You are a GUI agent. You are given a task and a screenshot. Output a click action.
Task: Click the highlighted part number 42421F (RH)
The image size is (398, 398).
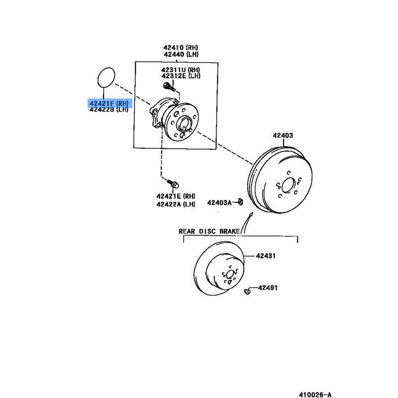pyautogui.click(x=109, y=103)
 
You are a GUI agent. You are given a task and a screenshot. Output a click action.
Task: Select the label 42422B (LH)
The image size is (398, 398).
pyautogui.click(x=109, y=109)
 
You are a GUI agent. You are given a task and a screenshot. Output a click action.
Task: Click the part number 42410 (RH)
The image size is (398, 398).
pyautogui.click(x=181, y=47)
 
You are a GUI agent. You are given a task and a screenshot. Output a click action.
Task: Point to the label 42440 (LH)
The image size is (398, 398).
pyautogui.click(x=181, y=54)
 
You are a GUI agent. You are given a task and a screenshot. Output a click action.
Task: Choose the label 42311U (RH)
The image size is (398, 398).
pyautogui.click(x=181, y=70)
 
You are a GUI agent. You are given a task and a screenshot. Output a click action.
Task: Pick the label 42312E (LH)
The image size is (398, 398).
pyautogui.click(x=181, y=76)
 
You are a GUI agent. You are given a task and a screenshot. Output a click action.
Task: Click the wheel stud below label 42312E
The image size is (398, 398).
pyautogui.click(x=169, y=87)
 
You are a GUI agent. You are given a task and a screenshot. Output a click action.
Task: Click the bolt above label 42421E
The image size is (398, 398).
pyautogui.click(x=173, y=184)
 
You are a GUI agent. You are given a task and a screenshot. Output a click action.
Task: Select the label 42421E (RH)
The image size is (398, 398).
pyautogui.click(x=176, y=196)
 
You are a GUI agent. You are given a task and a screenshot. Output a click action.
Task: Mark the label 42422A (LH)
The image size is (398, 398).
pyautogui.click(x=176, y=204)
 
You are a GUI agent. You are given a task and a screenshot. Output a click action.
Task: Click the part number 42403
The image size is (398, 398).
pyautogui.click(x=283, y=135)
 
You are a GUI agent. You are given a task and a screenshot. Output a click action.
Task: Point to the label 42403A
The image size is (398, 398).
pyautogui.click(x=219, y=202)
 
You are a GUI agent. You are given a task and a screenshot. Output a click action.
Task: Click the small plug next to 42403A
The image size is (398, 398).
pyautogui.click(x=241, y=202)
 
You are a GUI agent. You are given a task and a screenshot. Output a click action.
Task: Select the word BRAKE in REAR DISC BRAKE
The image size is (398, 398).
pyautogui.click(x=229, y=231)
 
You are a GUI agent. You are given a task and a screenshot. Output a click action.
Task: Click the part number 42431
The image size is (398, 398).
pyautogui.click(x=266, y=256)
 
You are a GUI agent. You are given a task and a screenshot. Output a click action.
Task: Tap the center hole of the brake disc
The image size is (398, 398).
pyautogui.click(x=230, y=275)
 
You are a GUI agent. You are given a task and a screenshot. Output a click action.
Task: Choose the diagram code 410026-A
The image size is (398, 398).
pyautogui.click(x=315, y=395)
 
